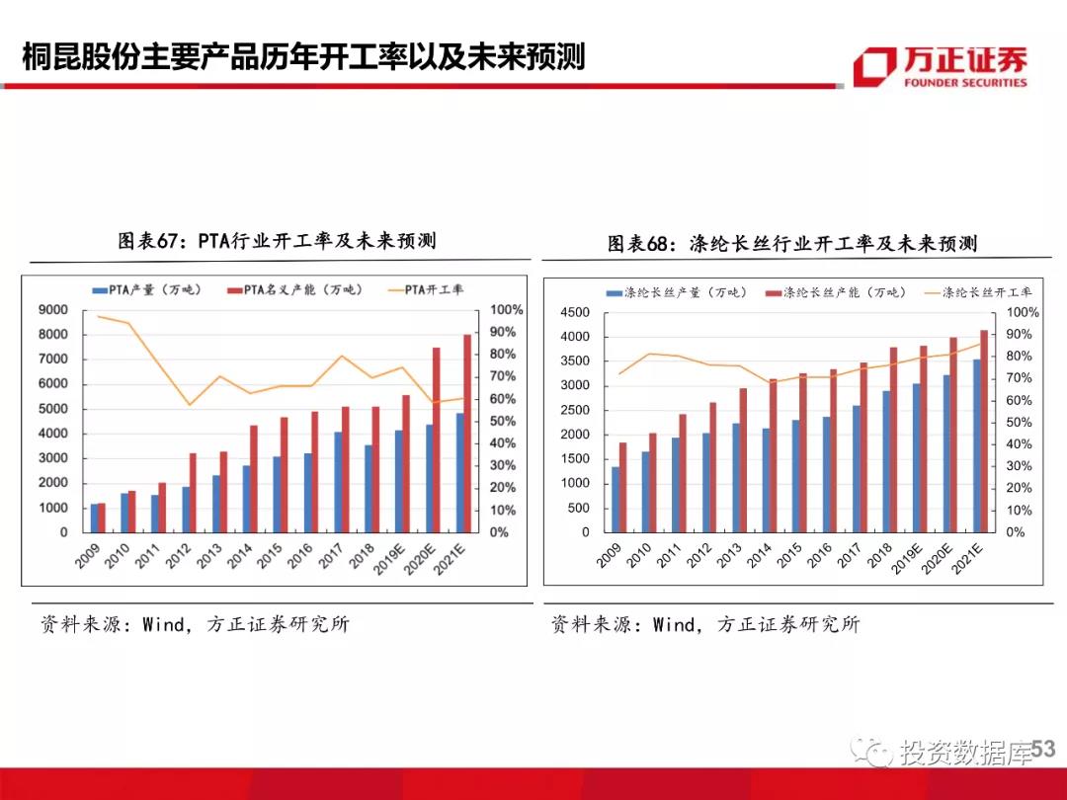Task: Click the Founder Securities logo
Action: [x=940, y=65]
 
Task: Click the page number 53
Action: [x=1042, y=750]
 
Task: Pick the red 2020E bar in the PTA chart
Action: [x=437, y=440]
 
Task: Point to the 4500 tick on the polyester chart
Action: [x=575, y=313]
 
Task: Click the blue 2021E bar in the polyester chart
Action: [x=976, y=444]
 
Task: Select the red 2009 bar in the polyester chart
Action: [x=622, y=487]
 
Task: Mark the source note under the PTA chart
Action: [x=195, y=624]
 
